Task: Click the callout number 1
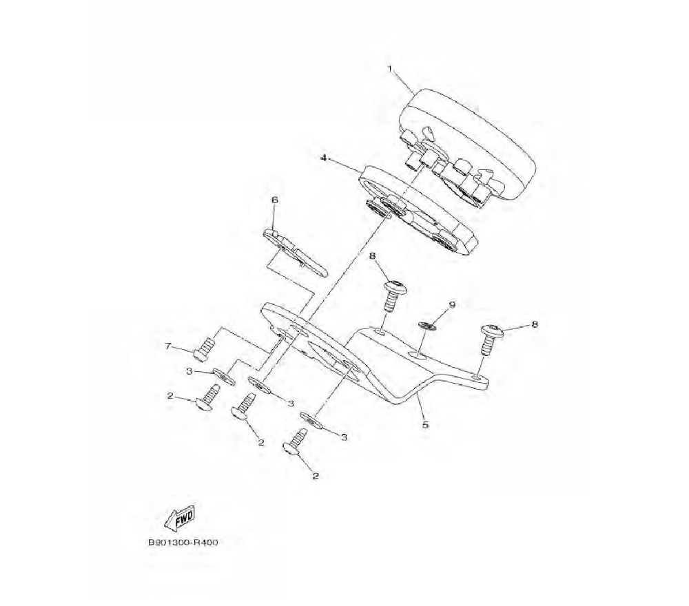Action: (x=389, y=70)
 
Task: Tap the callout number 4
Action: (x=323, y=158)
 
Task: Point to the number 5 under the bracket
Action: (x=425, y=424)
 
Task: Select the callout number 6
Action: (x=274, y=200)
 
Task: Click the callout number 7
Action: (x=167, y=346)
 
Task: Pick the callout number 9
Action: (x=452, y=304)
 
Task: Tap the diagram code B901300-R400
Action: (x=183, y=542)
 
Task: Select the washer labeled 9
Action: (x=426, y=325)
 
